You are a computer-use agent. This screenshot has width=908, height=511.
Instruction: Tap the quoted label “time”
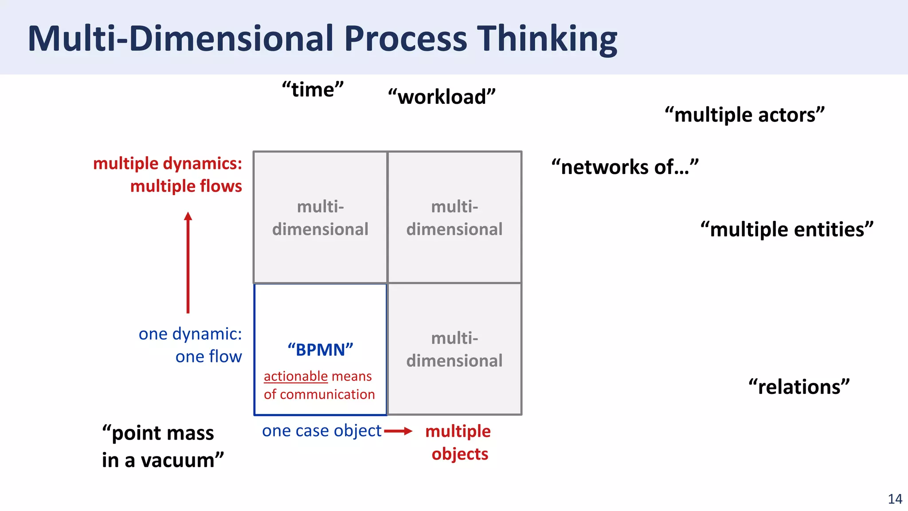click(x=313, y=90)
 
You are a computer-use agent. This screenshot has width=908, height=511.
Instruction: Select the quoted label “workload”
click(x=442, y=97)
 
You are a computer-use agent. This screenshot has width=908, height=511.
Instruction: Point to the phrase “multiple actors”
click(x=744, y=115)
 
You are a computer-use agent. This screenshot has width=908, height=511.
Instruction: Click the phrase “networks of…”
click(x=625, y=167)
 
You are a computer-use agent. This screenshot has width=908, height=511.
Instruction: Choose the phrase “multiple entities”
click(x=787, y=230)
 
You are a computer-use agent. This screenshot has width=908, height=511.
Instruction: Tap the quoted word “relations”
click(x=799, y=387)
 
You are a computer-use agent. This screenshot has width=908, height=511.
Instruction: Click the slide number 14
click(x=895, y=499)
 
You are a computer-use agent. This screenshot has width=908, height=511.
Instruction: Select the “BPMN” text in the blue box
click(x=320, y=350)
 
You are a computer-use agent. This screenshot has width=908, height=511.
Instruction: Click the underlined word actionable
click(x=296, y=376)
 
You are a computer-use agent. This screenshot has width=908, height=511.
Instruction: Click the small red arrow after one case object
click(x=398, y=431)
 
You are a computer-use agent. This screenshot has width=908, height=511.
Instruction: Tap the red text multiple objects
click(x=458, y=442)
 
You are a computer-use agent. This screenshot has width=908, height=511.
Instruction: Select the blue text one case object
click(x=321, y=431)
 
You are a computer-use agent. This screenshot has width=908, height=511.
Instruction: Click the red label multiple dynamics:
click(x=168, y=164)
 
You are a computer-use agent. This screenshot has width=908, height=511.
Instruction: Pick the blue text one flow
click(x=208, y=357)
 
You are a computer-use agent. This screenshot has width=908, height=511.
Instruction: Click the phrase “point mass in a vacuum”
click(x=162, y=446)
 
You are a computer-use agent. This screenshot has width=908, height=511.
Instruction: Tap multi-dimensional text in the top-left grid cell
click(x=320, y=218)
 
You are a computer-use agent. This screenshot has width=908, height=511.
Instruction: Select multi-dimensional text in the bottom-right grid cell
click(x=454, y=350)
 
